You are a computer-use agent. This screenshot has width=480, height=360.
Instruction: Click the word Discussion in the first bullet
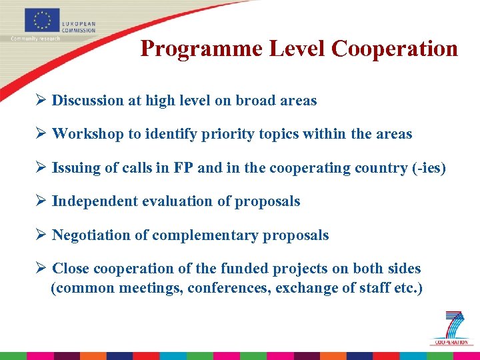pos(88,101)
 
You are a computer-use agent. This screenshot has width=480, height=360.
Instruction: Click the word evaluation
pos(180,201)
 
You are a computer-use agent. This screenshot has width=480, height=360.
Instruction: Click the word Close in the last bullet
pos(71,269)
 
